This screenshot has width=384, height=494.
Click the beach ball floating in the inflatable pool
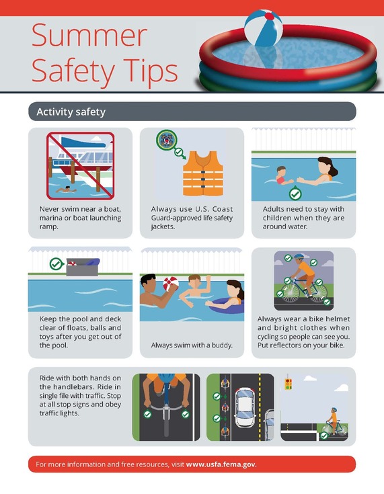[x=264, y=28]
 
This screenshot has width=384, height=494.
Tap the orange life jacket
[x=203, y=173]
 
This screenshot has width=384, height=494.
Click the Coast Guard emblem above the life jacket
[x=166, y=140]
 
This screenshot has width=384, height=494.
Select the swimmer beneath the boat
[x=66, y=190]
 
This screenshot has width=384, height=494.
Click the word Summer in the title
[x=89, y=35]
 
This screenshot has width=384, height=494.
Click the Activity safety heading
[x=71, y=112]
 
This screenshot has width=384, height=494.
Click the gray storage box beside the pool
[x=82, y=267]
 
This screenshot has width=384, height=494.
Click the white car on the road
[x=245, y=407]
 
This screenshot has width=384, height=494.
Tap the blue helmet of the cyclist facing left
[x=299, y=256]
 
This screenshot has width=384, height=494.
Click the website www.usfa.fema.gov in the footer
[x=221, y=464]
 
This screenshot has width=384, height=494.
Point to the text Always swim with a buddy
[x=192, y=345]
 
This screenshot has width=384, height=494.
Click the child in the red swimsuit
[x=281, y=176]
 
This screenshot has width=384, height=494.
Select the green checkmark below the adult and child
[x=295, y=194]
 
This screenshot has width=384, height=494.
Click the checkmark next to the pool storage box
[x=56, y=263]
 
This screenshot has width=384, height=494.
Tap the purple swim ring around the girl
[x=225, y=306]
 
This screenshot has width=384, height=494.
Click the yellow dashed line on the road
[x=260, y=407]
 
